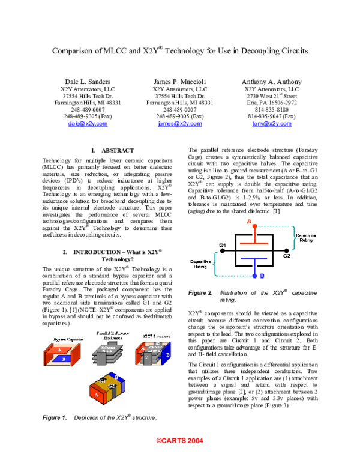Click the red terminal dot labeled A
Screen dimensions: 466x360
click(x=254, y=226)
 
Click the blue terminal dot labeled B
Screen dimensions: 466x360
click(x=254, y=276)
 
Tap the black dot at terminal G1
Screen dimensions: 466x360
click(x=223, y=250)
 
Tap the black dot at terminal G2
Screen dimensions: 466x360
click(x=286, y=250)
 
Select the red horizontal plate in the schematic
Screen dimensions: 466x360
click(x=254, y=243)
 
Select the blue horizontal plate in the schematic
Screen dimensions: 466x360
click(x=254, y=258)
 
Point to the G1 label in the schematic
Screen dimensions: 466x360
click(x=223, y=245)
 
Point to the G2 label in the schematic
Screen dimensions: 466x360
click(x=287, y=256)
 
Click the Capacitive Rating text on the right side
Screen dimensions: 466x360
click(x=306, y=238)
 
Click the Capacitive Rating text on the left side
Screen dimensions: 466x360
click(x=200, y=264)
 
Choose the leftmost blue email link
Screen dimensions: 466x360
click(x=88, y=123)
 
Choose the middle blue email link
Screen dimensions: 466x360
click(x=180, y=123)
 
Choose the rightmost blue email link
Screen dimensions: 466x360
click(x=272, y=123)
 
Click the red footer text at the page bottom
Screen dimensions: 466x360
click(x=180, y=440)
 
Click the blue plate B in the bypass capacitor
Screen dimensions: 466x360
click(x=62, y=359)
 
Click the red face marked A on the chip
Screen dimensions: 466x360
click(x=96, y=395)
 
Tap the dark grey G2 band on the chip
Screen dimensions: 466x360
click(x=112, y=389)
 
